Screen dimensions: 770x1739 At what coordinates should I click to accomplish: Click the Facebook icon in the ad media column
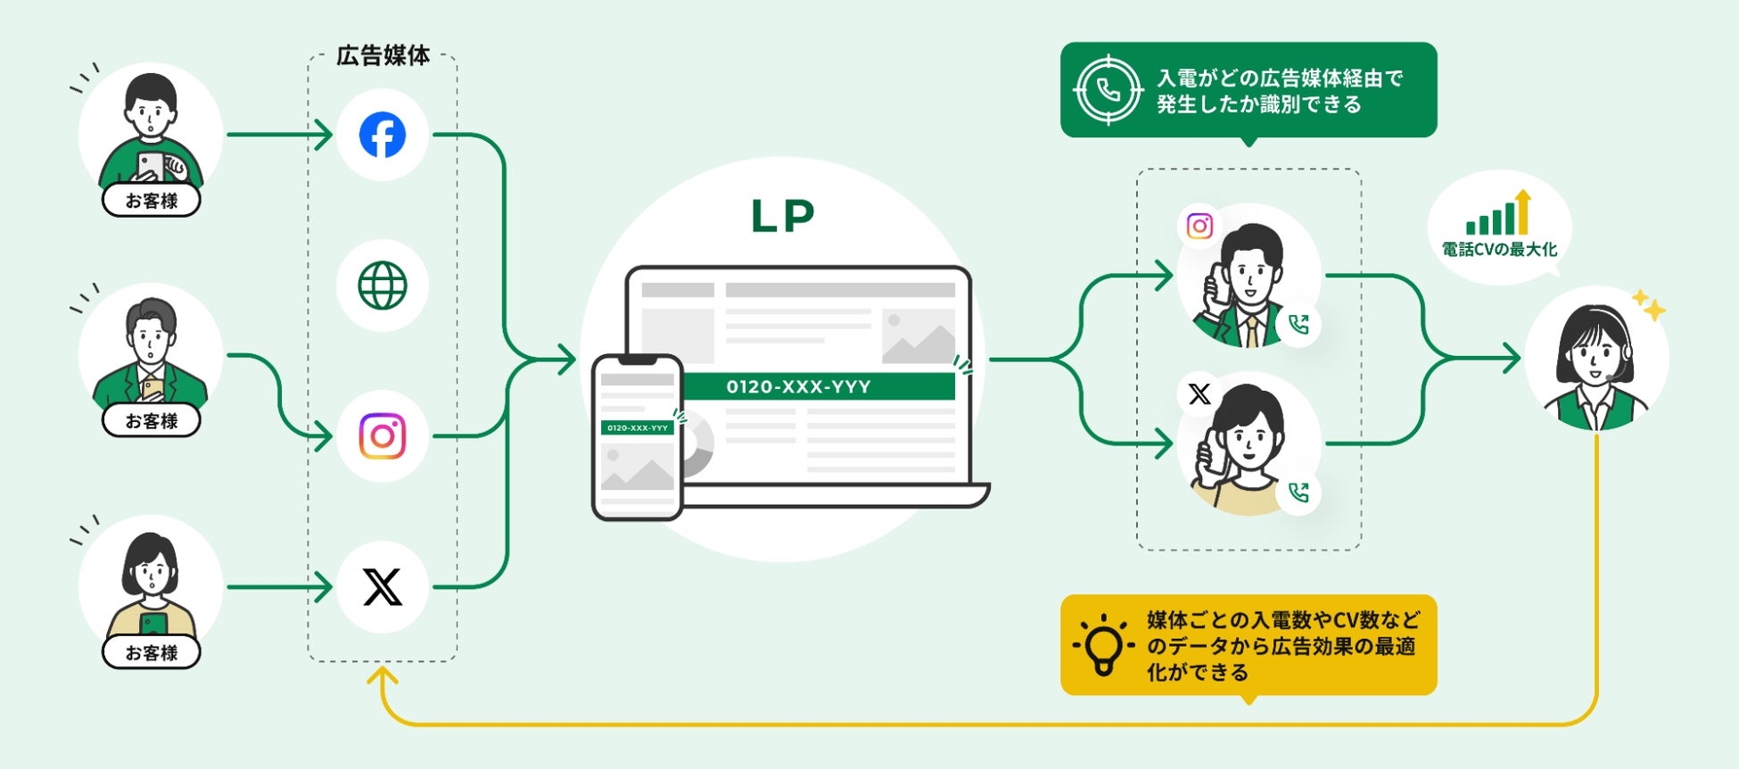[x=383, y=135]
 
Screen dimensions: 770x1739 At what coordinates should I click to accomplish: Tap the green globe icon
[x=383, y=286]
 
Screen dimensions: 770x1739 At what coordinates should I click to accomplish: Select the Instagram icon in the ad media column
[x=383, y=436]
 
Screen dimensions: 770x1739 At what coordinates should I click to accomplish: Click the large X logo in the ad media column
[x=383, y=587]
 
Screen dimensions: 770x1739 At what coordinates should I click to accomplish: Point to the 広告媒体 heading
[x=383, y=56]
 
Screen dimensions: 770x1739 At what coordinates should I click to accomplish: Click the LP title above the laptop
[x=782, y=217]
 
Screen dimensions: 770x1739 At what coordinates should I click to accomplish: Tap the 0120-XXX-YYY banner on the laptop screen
[x=799, y=386]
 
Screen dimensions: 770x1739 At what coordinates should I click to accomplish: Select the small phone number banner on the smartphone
[x=637, y=428]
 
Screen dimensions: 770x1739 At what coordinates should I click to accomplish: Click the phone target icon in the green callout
[x=1108, y=90]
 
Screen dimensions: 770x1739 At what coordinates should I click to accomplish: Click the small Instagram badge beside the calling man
[x=1199, y=226]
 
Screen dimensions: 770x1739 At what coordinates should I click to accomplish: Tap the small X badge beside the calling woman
[x=1199, y=394]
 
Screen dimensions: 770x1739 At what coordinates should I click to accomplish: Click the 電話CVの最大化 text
[x=1499, y=250]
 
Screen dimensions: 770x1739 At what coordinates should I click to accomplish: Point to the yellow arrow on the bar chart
[x=1522, y=210]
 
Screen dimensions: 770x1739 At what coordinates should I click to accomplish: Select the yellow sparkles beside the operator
[x=1649, y=305]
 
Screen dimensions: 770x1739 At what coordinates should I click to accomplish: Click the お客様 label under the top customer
[x=152, y=201]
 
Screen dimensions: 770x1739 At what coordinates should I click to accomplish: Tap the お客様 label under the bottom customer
[x=152, y=652]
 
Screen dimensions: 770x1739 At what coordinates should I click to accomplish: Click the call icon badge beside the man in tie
[x=1298, y=324]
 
